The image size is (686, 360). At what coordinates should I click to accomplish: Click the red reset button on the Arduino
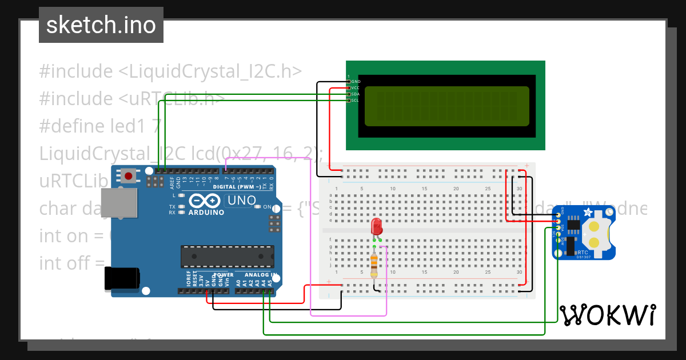click(129, 176)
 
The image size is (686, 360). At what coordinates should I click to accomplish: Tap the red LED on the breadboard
click(376, 226)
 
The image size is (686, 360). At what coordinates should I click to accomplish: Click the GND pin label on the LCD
click(356, 82)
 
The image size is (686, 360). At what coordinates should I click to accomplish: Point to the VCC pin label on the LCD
click(356, 88)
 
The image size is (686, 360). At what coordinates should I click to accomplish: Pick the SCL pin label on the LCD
click(356, 101)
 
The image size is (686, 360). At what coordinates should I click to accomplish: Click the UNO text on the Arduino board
click(242, 201)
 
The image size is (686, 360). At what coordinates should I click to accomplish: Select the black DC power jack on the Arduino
click(122, 279)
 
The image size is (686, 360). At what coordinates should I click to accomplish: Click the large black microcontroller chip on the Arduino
click(227, 256)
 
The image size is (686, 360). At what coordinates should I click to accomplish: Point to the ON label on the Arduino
click(267, 207)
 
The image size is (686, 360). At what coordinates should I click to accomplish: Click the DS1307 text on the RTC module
click(584, 257)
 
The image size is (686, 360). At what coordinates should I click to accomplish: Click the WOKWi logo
click(607, 315)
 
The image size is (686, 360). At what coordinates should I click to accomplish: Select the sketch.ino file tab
click(101, 25)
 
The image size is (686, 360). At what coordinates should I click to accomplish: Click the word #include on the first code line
click(76, 72)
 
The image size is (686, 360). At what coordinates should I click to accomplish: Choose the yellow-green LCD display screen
click(446, 106)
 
